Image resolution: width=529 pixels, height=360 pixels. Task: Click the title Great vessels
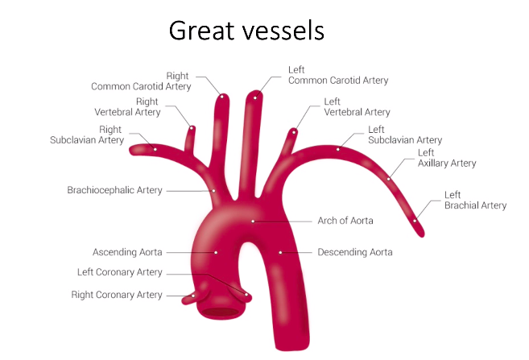click(246, 31)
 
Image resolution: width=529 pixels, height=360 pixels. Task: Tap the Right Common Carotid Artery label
click(142, 81)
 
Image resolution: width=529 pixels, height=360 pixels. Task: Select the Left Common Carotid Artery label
click(338, 75)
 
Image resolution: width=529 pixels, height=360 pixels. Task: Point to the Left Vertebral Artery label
click(357, 107)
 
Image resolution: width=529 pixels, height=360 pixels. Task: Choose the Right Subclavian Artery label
click(88, 134)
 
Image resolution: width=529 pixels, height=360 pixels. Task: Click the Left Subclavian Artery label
click(405, 134)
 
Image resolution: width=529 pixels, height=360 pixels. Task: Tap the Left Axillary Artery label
click(447, 158)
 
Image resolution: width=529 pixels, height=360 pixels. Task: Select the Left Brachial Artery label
click(475, 200)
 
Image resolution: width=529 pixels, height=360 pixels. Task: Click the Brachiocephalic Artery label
click(114, 190)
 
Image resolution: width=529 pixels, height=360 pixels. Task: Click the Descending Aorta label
click(355, 252)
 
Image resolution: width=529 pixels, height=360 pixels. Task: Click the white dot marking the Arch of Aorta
click(253, 220)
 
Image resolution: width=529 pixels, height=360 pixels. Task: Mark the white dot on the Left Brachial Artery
click(415, 220)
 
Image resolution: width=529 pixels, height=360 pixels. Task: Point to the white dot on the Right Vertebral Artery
click(191, 127)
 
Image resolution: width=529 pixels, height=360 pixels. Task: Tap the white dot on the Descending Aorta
click(280, 252)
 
